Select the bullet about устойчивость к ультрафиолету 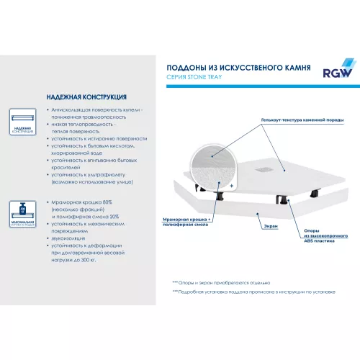coord(96,174)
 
